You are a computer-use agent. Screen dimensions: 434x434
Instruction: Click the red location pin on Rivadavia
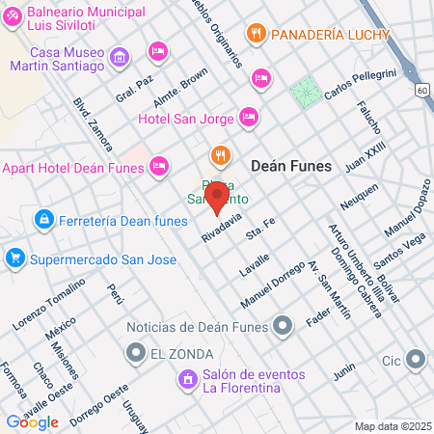pyautogui.click(x=218, y=198)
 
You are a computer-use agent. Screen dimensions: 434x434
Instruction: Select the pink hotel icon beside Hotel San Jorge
pyautogui.click(x=248, y=117)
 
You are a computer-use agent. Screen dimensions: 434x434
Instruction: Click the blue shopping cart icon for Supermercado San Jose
pyautogui.click(x=14, y=258)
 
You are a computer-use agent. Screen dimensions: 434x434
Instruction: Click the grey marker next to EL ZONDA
pyautogui.click(x=137, y=353)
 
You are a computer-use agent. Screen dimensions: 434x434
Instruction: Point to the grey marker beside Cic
pyautogui.click(x=416, y=362)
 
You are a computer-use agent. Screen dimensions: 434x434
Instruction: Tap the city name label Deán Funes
pyautogui.click(x=290, y=166)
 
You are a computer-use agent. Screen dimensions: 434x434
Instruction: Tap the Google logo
pyautogui.click(x=32, y=421)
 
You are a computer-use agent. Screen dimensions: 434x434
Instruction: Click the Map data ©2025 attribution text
pyautogui.click(x=392, y=426)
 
